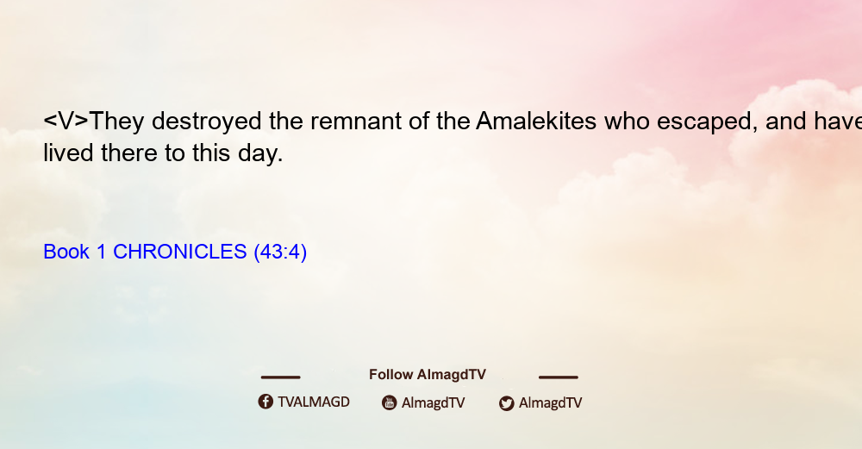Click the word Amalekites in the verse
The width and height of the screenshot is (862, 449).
tap(536, 121)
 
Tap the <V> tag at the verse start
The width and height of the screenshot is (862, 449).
tap(66, 121)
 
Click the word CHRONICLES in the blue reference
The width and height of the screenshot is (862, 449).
tap(180, 252)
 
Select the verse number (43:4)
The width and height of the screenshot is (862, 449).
tap(280, 253)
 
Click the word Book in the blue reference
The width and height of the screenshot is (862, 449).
tap(66, 252)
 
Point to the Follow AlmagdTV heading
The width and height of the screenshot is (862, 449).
tap(428, 375)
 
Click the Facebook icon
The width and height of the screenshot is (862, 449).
tap(265, 402)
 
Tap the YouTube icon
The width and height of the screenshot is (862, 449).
tap(390, 402)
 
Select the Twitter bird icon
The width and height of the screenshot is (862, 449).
tap(507, 403)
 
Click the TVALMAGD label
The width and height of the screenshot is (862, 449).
tap(314, 402)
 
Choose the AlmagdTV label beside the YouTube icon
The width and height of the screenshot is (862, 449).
tap(434, 403)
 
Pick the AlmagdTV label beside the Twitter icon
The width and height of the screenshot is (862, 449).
tap(550, 403)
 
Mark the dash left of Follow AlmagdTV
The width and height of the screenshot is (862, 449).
tap(280, 377)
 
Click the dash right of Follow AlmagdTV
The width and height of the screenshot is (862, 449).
tap(559, 377)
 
